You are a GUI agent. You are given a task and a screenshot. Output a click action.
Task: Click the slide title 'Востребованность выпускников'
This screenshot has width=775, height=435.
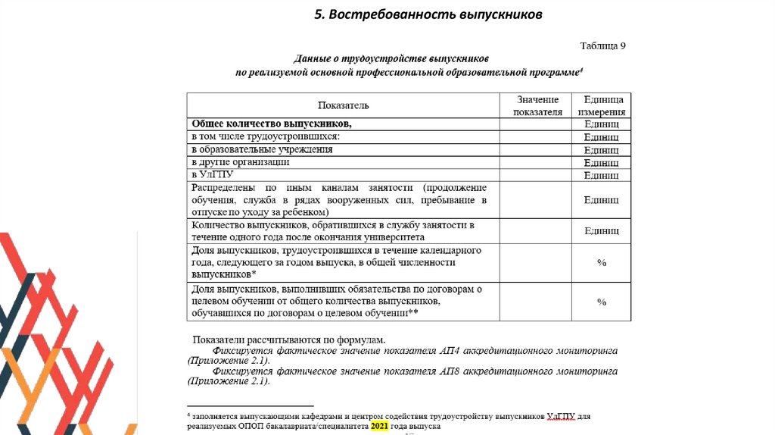(428, 15)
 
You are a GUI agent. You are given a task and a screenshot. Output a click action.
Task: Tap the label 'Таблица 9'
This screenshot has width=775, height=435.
(602, 45)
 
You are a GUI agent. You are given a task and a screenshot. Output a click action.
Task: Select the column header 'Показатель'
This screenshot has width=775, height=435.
(343, 105)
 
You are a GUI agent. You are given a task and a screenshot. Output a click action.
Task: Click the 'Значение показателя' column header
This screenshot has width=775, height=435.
(537, 105)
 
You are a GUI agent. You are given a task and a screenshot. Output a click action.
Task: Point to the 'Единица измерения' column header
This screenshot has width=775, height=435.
(602, 105)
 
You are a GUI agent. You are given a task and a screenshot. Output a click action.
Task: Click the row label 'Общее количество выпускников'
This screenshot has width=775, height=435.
(272, 123)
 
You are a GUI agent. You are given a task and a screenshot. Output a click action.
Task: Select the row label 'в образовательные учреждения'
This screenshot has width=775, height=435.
(262, 149)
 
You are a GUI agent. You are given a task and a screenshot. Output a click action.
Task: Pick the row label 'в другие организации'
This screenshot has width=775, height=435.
(241, 162)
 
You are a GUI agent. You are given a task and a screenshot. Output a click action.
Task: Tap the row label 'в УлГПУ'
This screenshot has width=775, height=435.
(212, 174)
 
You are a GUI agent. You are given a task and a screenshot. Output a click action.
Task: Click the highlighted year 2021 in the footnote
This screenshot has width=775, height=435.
(378, 427)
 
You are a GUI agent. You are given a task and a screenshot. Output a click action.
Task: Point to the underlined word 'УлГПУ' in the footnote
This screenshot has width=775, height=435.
(560, 416)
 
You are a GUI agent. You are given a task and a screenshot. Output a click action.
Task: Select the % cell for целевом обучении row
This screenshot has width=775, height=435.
(602, 302)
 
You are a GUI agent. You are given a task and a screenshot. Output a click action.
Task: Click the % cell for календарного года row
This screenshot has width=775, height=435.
(602, 262)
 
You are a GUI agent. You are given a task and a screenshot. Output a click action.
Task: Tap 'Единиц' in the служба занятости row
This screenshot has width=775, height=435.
(602, 231)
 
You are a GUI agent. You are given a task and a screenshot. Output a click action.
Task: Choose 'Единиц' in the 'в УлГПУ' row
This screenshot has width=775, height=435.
(602, 175)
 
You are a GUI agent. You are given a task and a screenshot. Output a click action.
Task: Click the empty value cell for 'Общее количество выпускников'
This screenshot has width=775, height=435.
(537, 124)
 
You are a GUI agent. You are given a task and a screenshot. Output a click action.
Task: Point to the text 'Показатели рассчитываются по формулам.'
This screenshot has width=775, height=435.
(288, 340)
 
